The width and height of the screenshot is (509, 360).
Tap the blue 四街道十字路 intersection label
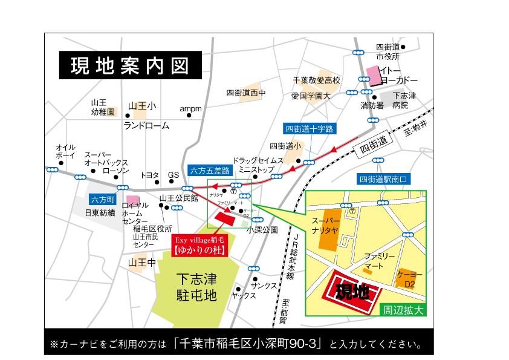[309, 128]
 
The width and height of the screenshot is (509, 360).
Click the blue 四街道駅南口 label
[384, 179]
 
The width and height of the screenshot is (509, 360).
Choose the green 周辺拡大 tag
[404, 309]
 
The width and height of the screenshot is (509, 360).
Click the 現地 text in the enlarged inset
[352, 293]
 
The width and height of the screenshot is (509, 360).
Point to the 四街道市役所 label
[388, 51]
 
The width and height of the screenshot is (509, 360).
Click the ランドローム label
[146, 126]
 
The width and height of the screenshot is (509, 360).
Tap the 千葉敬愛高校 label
[317, 80]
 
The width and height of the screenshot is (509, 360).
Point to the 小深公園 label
[262, 231]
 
